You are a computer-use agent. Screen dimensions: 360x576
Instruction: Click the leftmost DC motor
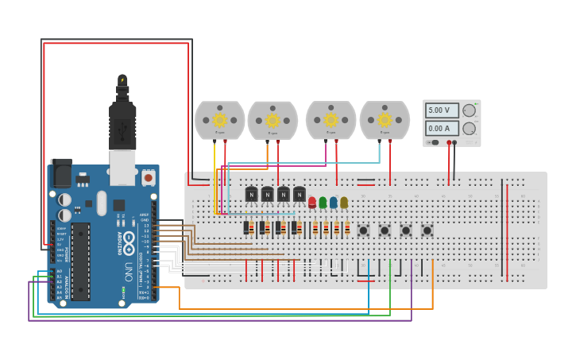[x=220, y=121]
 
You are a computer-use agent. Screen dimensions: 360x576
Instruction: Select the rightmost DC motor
[x=385, y=121]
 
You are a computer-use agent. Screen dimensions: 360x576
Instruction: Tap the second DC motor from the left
[x=273, y=121]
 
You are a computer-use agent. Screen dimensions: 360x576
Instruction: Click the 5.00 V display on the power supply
[x=442, y=110]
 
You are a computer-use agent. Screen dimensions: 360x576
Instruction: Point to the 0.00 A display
[x=442, y=128]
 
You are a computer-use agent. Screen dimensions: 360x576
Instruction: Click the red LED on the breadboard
[x=312, y=203]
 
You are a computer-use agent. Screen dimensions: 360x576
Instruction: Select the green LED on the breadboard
[x=323, y=203]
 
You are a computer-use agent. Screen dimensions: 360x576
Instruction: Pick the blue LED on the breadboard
[x=334, y=203]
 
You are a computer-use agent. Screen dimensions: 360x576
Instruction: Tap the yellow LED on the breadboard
[x=344, y=203]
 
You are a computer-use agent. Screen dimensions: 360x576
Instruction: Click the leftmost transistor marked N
[x=251, y=194]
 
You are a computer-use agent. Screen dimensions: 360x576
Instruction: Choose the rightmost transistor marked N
[x=299, y=194]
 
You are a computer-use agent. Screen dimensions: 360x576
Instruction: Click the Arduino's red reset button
[x=148, y=179]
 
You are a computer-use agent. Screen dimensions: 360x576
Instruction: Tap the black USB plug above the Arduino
[x=122, y=119]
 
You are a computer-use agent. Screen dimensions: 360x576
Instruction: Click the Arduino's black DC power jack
[x=61, y=173]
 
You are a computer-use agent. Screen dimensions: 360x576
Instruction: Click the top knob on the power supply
[x=470, y=110]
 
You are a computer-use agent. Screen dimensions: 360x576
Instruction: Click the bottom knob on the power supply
[x=470, y=128]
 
